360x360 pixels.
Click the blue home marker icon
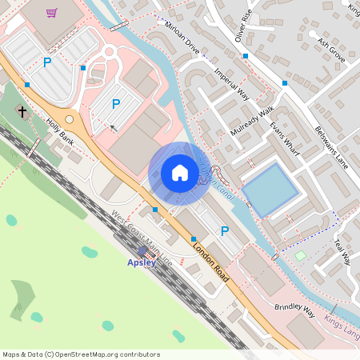(x=180, y=173)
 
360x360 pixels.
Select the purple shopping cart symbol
(x=52, y=13)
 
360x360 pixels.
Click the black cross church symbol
(x=22, y=113)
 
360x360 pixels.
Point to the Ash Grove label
(x=330, y=50)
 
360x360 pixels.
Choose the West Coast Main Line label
(x=142, y=238)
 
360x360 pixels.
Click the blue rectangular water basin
(x=272, y=190)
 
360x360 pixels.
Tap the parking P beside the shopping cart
(x=47, y=62)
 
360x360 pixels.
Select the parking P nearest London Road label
(x=225, y=230)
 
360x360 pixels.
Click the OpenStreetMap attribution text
(x=80, y=354)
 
